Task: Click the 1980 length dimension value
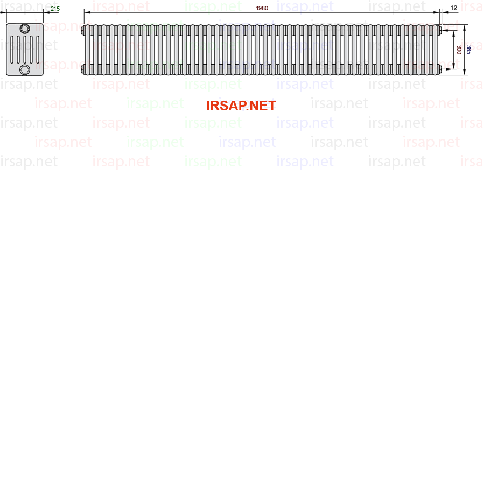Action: (x=262, y=8)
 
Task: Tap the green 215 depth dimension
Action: (x=55, y=9)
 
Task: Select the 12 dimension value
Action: (x=454, y=8)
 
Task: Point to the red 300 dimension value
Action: (x=459, y=50)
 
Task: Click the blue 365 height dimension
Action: (x=468, y=50)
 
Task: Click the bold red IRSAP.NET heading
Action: (x=241, y=106)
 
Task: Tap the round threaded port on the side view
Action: (x=25, y=29)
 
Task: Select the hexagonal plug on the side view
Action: (x=25, y=69)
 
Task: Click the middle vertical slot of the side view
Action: (x=25, y=50)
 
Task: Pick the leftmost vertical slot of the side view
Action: (x=12, y=50)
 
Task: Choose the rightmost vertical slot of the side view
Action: (x=38, y=50)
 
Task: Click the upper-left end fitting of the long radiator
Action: (x=82, y=31)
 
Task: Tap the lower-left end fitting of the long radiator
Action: (x=82, y=69)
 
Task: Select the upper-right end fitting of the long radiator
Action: (x=440, y=31)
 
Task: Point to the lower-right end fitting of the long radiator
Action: (x=440, y=69)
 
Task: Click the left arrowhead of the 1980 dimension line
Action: (x=87, y=12)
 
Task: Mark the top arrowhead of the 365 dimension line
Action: (x=465, y=27)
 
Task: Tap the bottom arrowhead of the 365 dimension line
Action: (x=465, y=72)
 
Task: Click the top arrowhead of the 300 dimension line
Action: (x=454, y=34)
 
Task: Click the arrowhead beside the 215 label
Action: (x=46, y=12)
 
